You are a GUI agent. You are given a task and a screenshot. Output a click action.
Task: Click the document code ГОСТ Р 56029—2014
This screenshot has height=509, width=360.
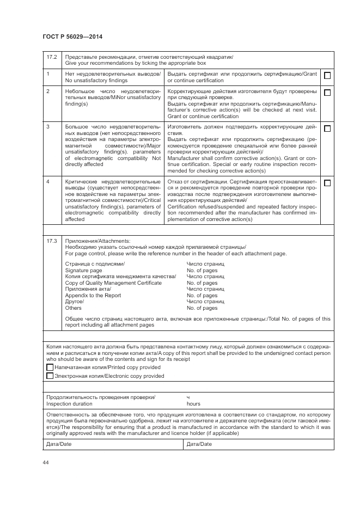click(72, 37)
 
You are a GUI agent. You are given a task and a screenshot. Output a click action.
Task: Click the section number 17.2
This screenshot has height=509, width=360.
click(52, 57)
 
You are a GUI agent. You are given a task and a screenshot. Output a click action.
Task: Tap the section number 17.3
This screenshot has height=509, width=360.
click(52, 240)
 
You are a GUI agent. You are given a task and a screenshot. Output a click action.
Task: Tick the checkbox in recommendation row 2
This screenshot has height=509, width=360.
click(327, 93)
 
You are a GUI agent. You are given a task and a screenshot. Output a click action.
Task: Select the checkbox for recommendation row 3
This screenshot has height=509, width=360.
click(327, 128)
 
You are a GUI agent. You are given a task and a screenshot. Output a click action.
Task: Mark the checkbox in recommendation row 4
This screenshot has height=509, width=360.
click(327, 183)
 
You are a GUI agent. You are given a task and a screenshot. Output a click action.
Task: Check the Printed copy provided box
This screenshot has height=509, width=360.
click(50, 367)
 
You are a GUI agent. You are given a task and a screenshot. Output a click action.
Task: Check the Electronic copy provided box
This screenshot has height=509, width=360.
click(50, 376)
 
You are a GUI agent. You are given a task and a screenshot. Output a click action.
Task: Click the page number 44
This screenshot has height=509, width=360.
click(46, 462)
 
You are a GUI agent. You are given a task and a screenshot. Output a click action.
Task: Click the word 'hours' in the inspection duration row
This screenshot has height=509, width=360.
click(193, 404)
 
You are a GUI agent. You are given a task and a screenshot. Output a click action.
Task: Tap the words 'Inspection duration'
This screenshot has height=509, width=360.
click(69, 404)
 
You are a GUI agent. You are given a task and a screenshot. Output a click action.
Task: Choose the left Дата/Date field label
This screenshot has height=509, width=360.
click(59, 444)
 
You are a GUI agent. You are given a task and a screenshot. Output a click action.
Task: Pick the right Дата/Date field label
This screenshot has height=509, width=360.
click(199, 444)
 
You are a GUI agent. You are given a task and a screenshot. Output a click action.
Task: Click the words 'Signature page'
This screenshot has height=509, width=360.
click(83, 271)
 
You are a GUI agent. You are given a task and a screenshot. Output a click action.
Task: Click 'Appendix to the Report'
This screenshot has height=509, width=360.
click(93, 296)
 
